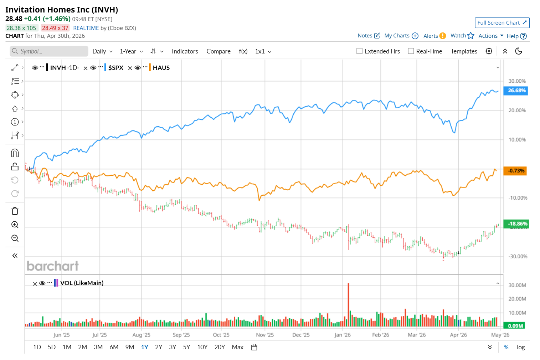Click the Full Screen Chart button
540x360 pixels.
[502, 23]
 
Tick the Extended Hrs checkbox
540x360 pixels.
[360, 51]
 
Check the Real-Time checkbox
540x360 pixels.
[411, 51]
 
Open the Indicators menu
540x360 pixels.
[185, 51]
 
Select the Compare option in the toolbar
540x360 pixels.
[218, 51]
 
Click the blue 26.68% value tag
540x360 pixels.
[516, 91]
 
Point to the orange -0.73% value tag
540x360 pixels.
[515, 171]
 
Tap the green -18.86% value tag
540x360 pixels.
[516, 224]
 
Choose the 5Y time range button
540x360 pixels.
[186, 347]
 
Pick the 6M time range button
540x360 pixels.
[114, 347]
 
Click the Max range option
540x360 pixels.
[237, 347]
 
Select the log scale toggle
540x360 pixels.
[521, 347]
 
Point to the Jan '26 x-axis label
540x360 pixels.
[343, 335]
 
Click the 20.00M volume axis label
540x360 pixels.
[517, 299]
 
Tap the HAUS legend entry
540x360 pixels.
[161, 68]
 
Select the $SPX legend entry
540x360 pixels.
[116, 68]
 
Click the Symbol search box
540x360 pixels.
[49, 51]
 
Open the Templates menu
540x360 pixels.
[464, 51]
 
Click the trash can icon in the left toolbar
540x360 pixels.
[15, 211]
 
